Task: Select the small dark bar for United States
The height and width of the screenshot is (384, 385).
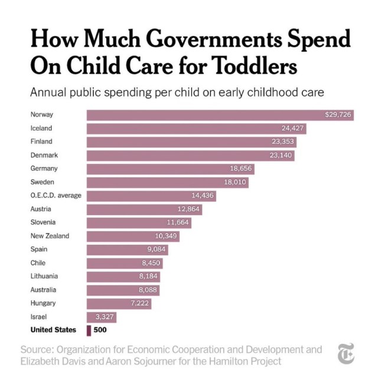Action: coord(89,330)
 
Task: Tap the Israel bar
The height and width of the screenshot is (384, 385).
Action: coord(102,317)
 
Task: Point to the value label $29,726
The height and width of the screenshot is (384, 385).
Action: coord(338,114)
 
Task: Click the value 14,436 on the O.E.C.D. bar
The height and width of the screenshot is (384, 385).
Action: coord(201,195)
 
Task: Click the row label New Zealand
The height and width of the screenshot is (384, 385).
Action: coord(50,236)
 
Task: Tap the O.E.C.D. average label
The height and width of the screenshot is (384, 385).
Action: coord(56,195)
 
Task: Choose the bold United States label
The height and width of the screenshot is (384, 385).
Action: coord(54,330)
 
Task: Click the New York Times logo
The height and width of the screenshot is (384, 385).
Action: coord(345,356)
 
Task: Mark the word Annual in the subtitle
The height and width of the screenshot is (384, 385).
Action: coord(47,93)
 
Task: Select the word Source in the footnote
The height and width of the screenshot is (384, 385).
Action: coord(37,350)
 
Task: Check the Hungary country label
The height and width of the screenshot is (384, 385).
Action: coord(43,303)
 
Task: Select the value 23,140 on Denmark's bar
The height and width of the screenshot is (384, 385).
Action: coord(279,155)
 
